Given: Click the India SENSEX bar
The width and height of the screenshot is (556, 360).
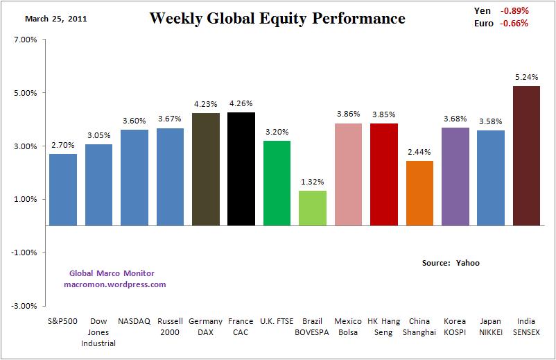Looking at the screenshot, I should pos(526,155).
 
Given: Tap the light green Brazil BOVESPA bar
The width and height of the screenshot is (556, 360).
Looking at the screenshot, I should pos(313,208).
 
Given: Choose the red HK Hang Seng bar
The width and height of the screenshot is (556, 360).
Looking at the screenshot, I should pos(384,174).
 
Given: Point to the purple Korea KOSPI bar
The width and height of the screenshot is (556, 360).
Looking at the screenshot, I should pos(455,176).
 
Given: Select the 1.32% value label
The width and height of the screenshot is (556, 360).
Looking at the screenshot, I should pos(313,182).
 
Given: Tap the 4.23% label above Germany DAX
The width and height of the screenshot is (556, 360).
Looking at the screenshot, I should pos(206,105).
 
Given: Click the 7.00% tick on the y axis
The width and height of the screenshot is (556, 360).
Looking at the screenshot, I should pos(25,40).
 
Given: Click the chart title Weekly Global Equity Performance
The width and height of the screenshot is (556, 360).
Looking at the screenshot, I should pos(277,18).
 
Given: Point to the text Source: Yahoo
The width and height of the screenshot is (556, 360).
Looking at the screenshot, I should pos(451,263).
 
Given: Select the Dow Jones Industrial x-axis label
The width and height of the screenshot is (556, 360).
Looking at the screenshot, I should pos(98,332).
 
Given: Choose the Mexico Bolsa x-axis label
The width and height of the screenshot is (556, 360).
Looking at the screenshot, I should pos(348,326).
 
